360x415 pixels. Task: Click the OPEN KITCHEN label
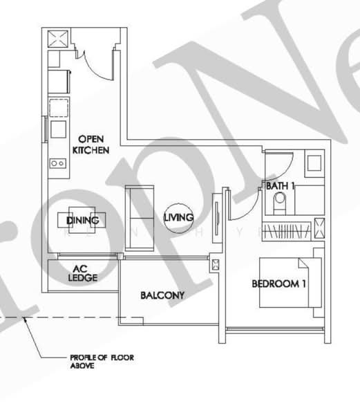tap(91, 144)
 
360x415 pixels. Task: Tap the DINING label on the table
tap(83, 220)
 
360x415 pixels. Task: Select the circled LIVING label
tap(175, 219)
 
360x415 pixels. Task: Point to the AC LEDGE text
tap(82, 274)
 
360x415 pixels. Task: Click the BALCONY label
tap(162, 295)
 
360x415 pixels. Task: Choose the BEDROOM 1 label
tap(278, 284)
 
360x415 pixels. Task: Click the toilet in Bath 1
tap(280, 203)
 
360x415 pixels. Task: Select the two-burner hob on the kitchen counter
tap(57, 163)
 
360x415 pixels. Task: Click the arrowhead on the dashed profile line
tap(26, 319)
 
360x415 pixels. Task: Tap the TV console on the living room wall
tap(217, 214)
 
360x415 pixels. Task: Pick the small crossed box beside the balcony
tap(214, 264)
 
